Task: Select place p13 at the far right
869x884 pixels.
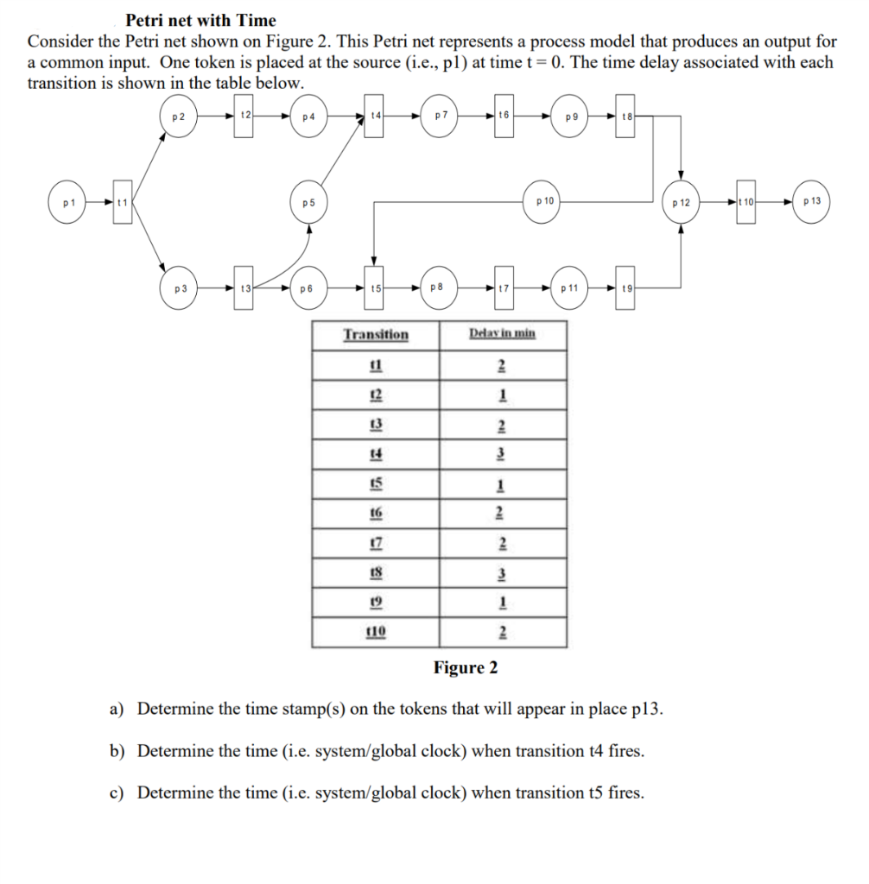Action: (811, 202)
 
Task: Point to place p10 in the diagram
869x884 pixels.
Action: (544, 202)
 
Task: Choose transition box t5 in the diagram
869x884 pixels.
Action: (375, 288)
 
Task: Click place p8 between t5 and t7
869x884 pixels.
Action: (438, 288)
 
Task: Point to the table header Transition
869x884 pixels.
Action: (376, 335)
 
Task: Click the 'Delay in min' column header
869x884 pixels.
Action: (502, 334)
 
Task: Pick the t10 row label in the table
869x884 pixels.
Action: (376, 631)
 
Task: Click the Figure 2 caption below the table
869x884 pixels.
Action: (466, 667)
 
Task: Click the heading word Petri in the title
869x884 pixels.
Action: (148, 20)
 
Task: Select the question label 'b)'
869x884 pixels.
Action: (118, 751)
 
